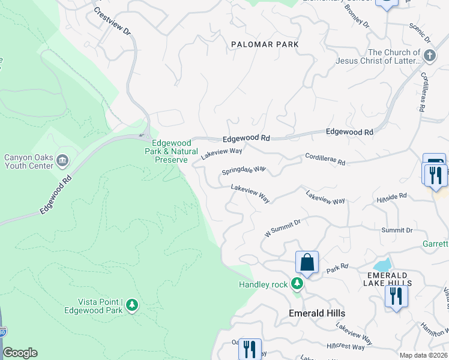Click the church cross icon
pos(429,56)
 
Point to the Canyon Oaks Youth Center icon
pos(63,161)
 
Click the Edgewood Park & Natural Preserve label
pos(172,152)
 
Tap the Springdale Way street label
pos(244,170)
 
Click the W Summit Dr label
pos(283,227)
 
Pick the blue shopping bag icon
pos(307,262)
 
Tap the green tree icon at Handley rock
pos(297,283)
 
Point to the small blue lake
pos(382,265)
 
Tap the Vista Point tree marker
pos(132,305)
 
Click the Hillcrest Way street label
pos(346,347)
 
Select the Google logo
pos(20,353)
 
